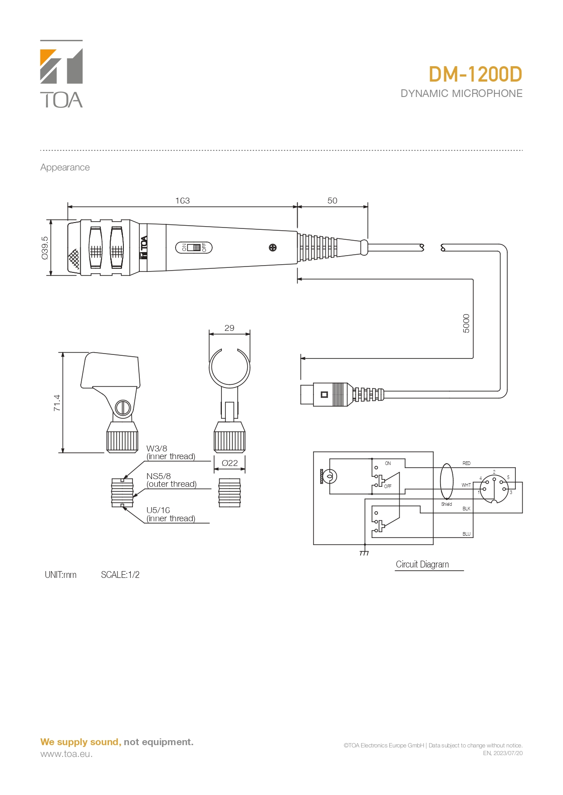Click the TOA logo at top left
(x=61, y=74)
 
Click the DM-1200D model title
(x=475, y=75)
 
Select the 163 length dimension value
(x=182, y=200)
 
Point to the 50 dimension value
(x=332, y=200)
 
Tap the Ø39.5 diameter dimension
(x=44, y=248)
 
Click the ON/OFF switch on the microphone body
(x=194, y=247)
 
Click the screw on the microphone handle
(x=273, y=247)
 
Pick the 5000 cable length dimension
(x=466, y=323)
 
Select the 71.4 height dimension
(x=57, y=402)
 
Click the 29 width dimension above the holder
(x=229, y=328)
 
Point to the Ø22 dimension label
(x=230, y=463)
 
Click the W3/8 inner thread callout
(x=171, y=452)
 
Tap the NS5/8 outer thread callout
(x=171, y=480)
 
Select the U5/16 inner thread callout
(x=171, y=514)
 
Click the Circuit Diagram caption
(x=422, y=564)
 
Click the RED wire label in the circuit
(x=466, y=463)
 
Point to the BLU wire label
(x=466, y=534)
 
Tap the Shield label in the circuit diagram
(x=446, y=504)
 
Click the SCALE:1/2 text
(x=120, y=575)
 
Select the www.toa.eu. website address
(x=66, y=754)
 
